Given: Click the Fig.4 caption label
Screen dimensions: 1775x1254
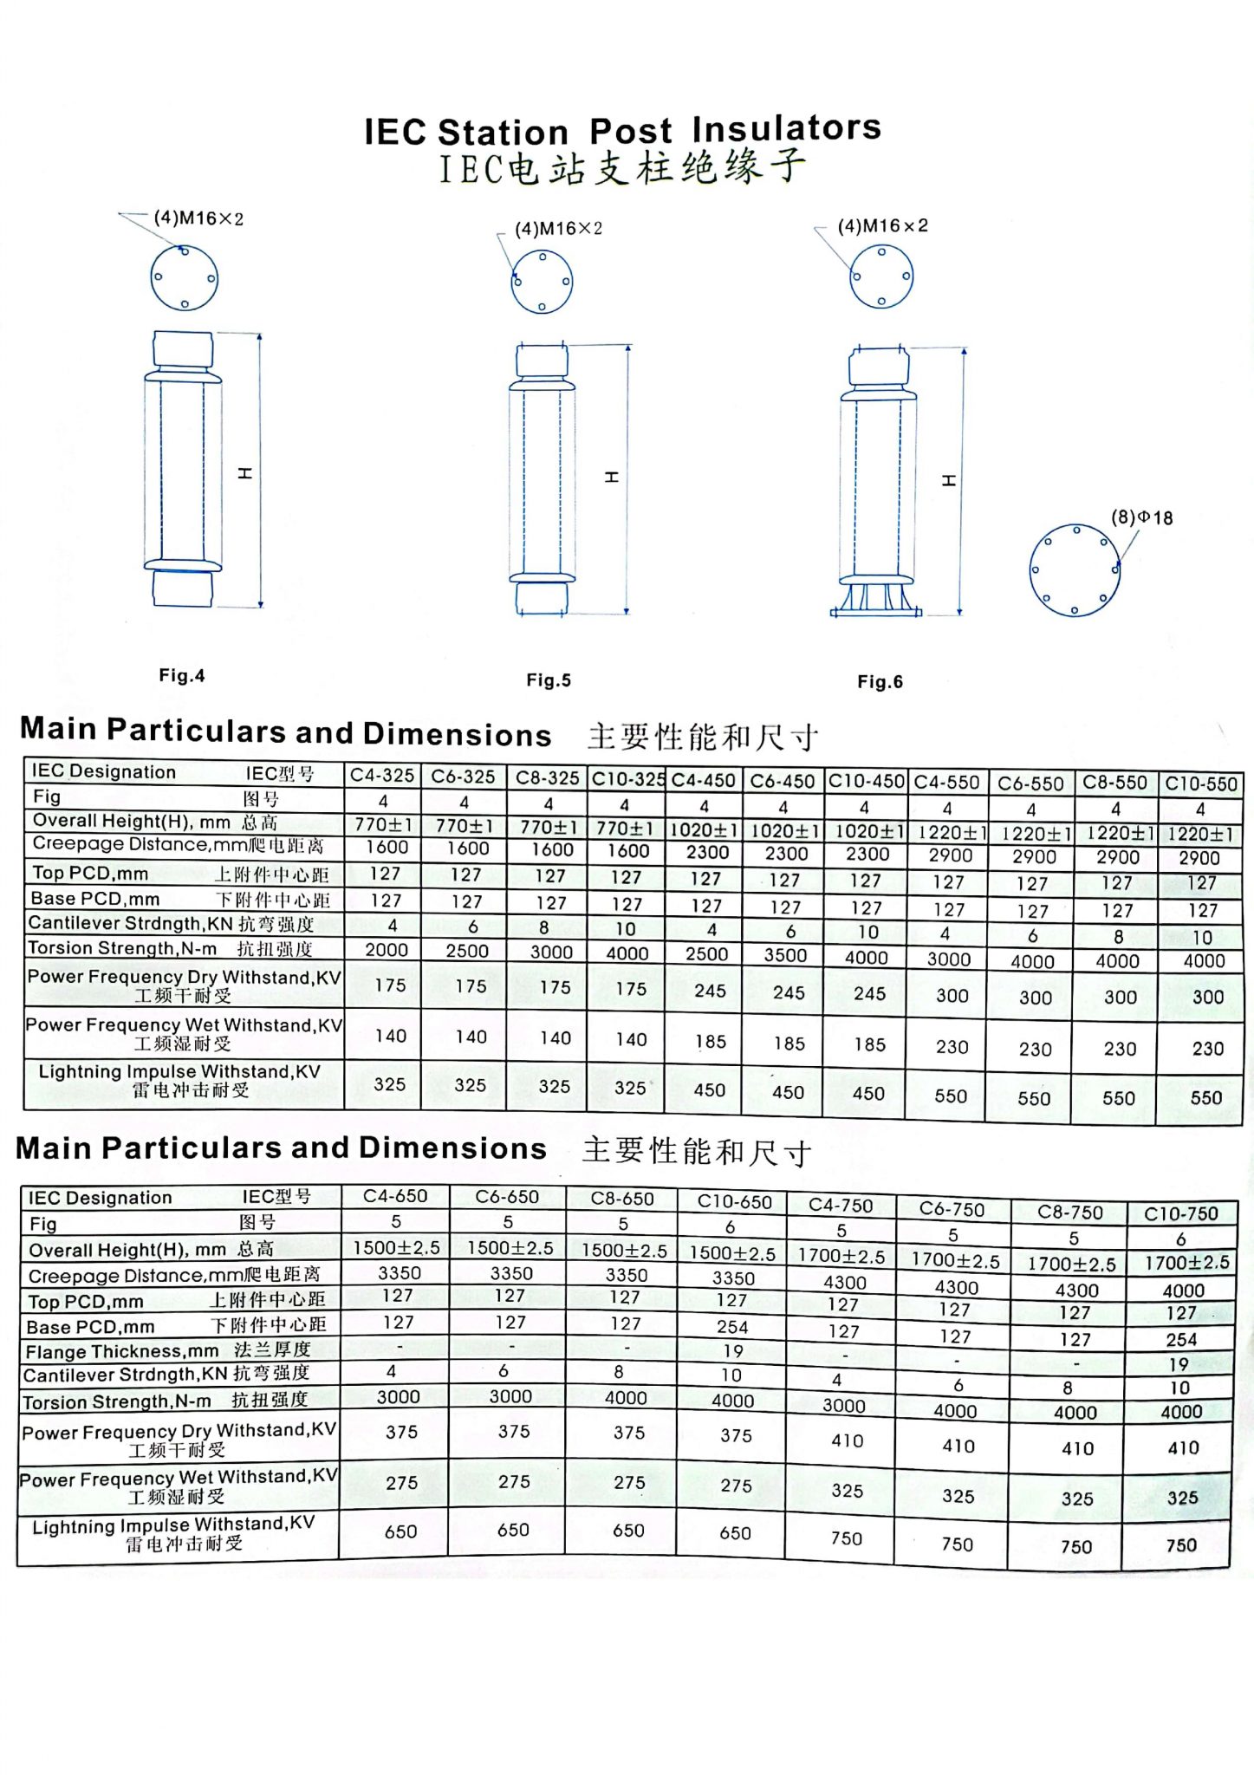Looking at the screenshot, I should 182,675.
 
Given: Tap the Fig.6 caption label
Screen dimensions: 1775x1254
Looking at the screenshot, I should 880,682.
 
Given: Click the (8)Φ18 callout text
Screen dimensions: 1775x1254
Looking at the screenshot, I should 1141,517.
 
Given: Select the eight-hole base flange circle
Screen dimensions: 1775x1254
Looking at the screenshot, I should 1075,569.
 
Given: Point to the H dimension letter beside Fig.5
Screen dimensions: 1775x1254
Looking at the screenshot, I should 612,478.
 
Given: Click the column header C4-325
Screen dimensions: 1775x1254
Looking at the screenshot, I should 382,776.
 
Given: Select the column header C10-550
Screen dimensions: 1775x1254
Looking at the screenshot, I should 1200,784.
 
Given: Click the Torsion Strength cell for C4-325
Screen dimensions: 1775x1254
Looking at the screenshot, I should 386,950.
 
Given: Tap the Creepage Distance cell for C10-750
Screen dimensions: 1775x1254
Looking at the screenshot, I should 1183,1291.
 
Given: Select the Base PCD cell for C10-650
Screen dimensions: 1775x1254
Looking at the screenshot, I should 732,1327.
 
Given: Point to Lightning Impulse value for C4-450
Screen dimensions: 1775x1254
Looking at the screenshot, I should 709,1090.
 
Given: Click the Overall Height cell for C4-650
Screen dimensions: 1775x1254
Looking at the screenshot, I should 396,1248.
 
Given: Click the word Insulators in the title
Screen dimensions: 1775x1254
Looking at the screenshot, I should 786,129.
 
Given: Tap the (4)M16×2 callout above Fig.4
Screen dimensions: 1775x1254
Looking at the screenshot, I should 198,218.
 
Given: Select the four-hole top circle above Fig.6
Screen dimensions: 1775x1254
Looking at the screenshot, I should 880,276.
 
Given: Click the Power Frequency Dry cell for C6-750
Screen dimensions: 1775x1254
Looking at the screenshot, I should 958,1446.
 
